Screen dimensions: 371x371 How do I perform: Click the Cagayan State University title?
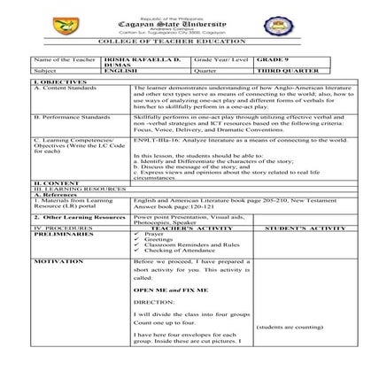click(185, 20)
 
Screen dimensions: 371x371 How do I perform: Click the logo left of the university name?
click(108, 20)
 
